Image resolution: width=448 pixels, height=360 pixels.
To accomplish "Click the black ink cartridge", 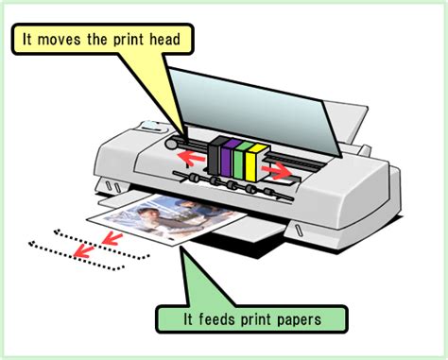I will pyautogui.click(x=219, y=156).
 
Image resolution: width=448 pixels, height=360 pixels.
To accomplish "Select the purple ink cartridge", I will pyautogui.click(x=233, y=158).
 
